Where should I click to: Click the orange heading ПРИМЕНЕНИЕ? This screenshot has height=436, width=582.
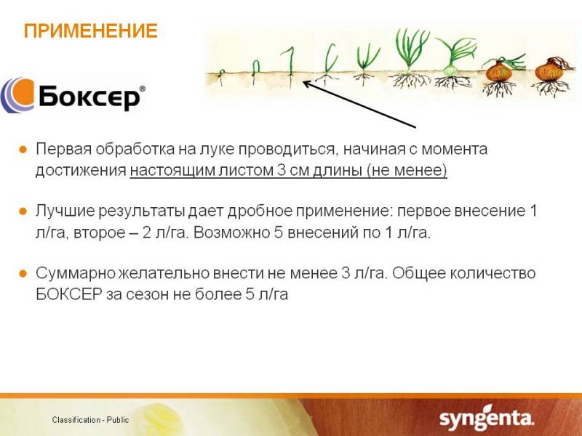tap(90, 31)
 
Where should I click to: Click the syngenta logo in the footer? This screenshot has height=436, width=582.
tap(487, 418)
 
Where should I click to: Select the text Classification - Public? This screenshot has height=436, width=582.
tap(90, 420)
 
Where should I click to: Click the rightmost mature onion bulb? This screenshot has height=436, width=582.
tap(550, 71)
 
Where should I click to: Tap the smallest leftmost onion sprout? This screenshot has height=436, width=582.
tap(221, 76)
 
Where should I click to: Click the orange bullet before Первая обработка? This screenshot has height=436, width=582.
tap(23, 150)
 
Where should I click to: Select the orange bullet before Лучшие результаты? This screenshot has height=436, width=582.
tap(23, 211)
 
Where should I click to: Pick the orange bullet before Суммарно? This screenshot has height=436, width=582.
tap(23, 274)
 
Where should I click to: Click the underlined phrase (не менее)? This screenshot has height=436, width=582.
tap(407, 170)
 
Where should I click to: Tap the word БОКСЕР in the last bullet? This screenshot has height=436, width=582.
tap(69, 294)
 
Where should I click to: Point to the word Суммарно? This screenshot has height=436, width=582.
tap(76, 274)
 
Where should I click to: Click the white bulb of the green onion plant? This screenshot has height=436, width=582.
tap(451, 70)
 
